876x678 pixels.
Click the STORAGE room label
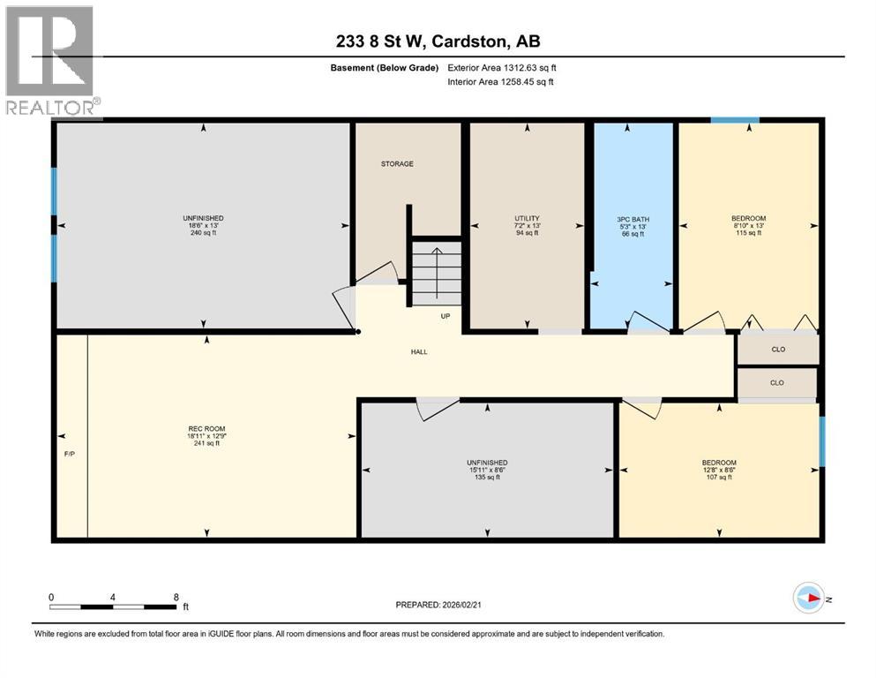(x=397, y=164)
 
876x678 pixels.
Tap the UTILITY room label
(x=527, y=219)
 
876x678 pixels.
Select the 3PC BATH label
(x=633, y=219)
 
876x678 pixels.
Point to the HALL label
(x=419, y=352)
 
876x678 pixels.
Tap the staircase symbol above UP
(x=437, y=273)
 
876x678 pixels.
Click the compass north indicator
(x=808, y=599)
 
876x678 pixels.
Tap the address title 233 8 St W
(x=438, y=41)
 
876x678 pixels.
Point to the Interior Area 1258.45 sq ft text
(x=502, y=82)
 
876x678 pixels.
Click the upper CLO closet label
(x=778, y=350)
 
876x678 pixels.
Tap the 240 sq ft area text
(x=204, y=234)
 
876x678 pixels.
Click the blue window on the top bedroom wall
(x=736, y=120)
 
